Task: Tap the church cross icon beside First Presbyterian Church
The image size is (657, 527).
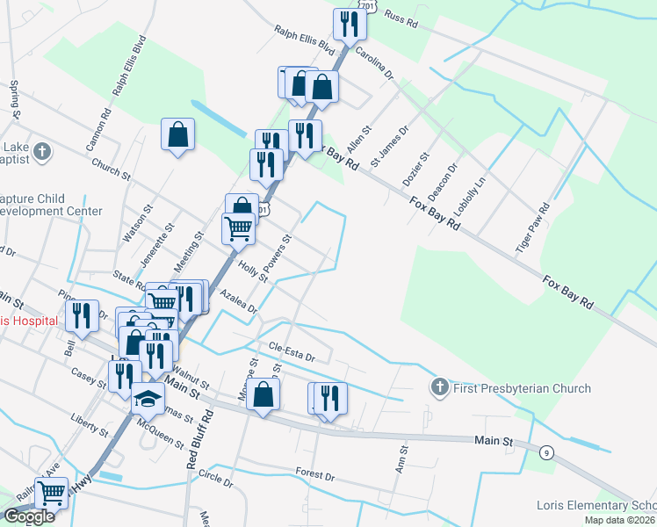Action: [440, 387]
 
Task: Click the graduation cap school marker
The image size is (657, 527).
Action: [148, 401]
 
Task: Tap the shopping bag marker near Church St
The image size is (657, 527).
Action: [177, 135]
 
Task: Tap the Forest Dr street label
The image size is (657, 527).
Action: [315, 474]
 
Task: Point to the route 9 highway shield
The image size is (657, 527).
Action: [547, 451]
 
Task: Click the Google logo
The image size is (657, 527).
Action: [29, 516]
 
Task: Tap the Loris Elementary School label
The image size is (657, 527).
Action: [596, 506]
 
